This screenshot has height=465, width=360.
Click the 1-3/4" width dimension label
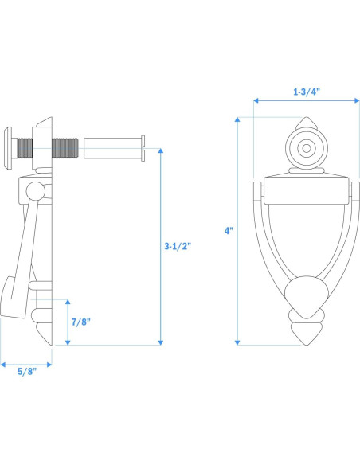[x=305, y=92]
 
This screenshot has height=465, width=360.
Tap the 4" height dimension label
[x=229, y=231]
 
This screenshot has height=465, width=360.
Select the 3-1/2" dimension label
[x=177, y=247]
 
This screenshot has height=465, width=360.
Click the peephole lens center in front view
[x=305, y=149]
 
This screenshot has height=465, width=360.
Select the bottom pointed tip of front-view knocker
[x=305, y=341]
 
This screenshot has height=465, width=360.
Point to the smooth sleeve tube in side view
[x=113, y=148]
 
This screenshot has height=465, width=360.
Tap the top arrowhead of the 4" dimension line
[x=238, y=120]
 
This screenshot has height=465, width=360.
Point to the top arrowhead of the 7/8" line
[x=68, y=303]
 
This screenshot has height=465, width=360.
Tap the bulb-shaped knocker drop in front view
[x=305, y=295]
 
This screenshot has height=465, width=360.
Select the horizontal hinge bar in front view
[x=305, y=190]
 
